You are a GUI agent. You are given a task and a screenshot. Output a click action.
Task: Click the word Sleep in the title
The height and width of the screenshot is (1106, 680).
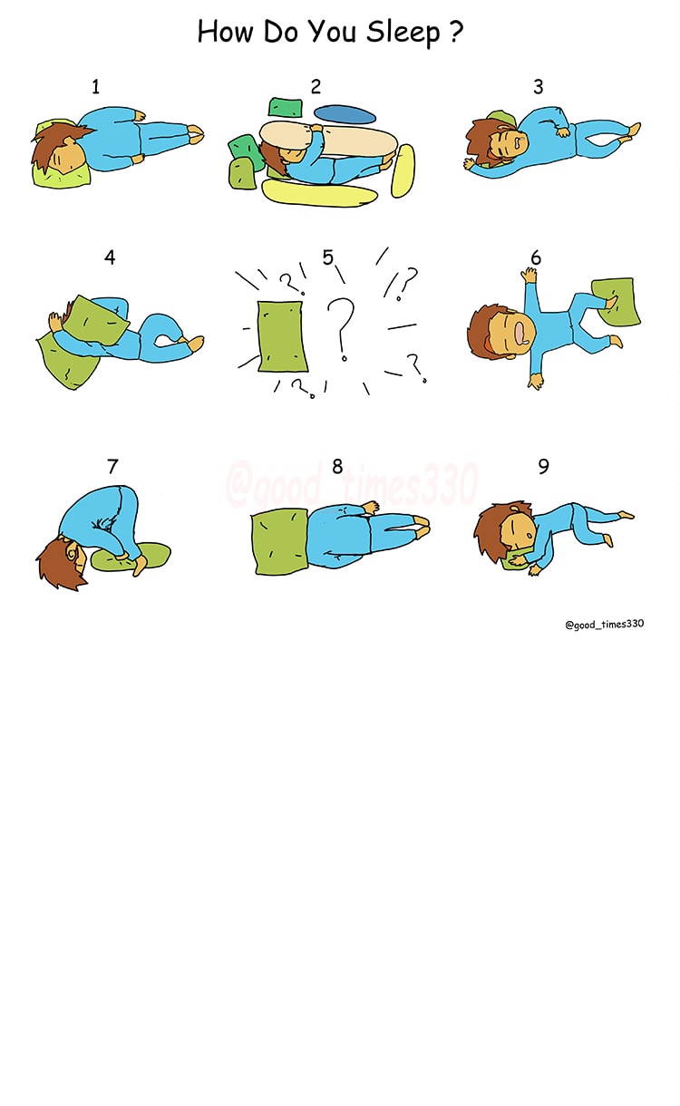(403, 33)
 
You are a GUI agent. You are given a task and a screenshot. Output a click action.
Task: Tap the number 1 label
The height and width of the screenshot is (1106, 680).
(96, 87)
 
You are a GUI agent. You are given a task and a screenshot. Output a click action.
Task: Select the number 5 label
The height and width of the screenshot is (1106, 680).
(328, 257)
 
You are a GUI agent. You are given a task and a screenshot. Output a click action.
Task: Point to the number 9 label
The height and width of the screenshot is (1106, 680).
(543, 466)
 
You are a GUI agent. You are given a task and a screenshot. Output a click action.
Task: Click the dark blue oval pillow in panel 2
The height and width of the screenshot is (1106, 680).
(345, 114)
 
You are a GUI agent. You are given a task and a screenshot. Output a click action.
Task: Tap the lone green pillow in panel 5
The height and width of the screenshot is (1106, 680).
(281, 336)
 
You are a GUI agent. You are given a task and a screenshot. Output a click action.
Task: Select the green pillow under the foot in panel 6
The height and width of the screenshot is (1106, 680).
(616, 302)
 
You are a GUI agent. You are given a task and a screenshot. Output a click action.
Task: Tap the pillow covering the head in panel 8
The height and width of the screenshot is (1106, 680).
(279, 543)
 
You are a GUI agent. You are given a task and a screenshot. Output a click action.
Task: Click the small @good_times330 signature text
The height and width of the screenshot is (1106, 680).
(605, 624)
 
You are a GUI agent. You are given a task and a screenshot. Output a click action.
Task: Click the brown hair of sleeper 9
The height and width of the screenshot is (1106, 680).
(494, 529)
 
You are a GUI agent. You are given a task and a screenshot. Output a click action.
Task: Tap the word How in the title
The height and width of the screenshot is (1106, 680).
(225, 32)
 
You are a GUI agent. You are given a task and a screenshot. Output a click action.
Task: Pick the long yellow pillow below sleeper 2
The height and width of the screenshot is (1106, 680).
(318, 194)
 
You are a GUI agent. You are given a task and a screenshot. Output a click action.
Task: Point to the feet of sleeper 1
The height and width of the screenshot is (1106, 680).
(195, 134)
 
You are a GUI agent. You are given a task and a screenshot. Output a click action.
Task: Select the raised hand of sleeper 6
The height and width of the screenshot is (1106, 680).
(529, 275)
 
